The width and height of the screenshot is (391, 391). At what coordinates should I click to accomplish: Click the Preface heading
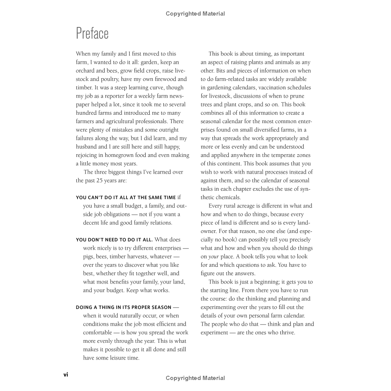pyautogui.click(x=92, y=33)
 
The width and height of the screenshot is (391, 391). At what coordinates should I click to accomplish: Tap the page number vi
pyautogui.click(x=66, y=375)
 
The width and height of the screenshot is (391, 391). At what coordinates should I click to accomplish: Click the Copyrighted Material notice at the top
pyautogui.click(x=195, y=14)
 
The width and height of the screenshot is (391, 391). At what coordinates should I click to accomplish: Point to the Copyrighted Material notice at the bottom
pyautogui.click(x=195, y=378)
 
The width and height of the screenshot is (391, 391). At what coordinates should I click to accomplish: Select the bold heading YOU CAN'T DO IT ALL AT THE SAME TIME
pyautogui.click(x=126, y=198)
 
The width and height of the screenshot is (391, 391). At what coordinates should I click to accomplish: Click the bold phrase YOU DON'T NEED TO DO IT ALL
pyautogui.click(x=114, y=240)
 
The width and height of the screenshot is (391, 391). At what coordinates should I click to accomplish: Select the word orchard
pyautogui.click(x=85, y=71)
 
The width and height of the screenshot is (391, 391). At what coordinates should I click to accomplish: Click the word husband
pyautogui.click(x=86, y=147)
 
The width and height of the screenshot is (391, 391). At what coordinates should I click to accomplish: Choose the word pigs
pyautogui.click(x=89, y=256)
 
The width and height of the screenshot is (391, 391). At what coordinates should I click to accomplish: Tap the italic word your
pyautogui.click(x=214, y=257)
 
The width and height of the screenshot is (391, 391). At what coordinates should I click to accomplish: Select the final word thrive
pyautogui.click(x=287, y=332)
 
